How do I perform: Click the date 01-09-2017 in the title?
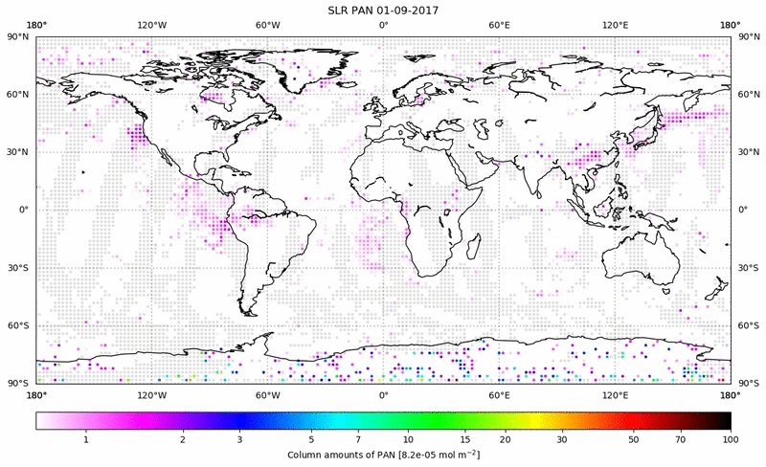point(415,10)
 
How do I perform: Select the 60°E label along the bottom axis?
point(499,394)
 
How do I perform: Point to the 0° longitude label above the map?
point(383,25)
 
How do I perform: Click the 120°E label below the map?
point(615,394)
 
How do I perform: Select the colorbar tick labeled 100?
point(730,439)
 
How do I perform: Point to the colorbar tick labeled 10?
point(409,439)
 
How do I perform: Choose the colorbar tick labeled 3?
point(239,439)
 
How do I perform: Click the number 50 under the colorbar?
point(633,439)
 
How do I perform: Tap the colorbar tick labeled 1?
point(86,439)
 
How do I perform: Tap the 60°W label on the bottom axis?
point(267,394)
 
